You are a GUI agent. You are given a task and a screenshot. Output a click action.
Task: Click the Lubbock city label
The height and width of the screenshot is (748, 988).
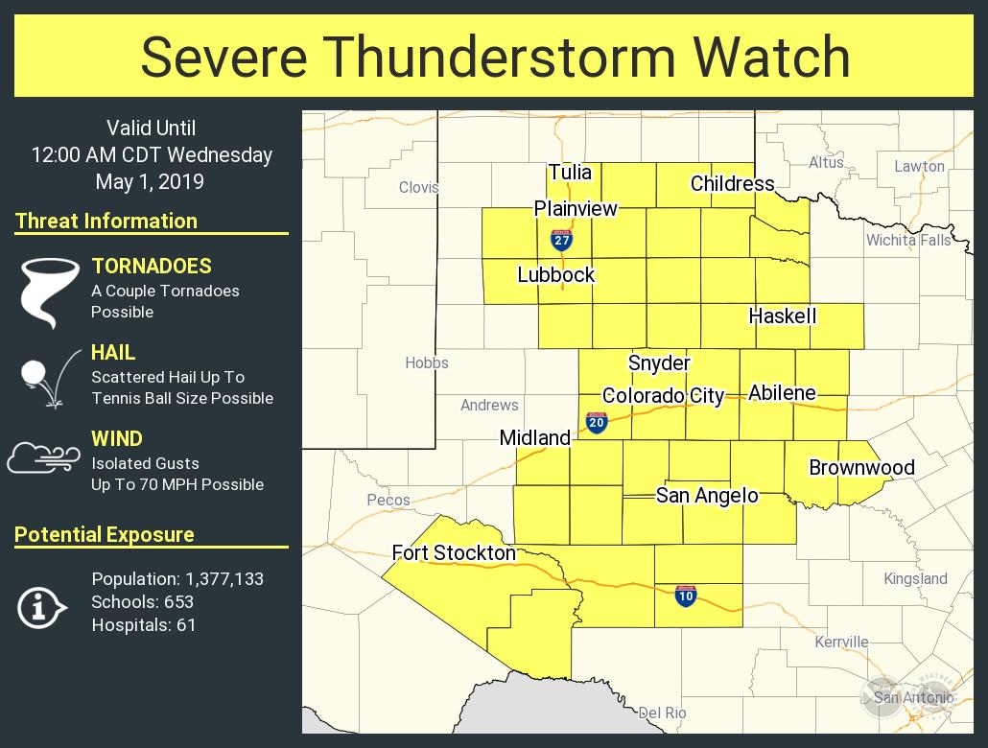556,275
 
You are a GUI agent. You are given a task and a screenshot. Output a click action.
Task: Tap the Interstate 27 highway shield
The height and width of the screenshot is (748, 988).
562,239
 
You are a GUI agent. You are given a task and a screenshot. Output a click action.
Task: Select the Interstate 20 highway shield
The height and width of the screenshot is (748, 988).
597,422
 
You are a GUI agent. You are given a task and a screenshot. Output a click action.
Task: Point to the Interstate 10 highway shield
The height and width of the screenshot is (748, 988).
685,596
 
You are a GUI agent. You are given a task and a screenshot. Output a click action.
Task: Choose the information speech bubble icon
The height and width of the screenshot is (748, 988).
41,606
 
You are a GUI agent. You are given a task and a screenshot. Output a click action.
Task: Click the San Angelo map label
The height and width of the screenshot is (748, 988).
707,496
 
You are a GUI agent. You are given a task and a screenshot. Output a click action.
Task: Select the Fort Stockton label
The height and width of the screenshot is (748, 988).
454,552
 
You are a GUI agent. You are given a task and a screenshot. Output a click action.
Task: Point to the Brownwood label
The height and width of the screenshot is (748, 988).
861,468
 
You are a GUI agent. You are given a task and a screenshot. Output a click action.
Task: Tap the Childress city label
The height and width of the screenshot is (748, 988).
732,183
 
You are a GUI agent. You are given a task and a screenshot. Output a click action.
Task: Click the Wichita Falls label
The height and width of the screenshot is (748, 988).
908,240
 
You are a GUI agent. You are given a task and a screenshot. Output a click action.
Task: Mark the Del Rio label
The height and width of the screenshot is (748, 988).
663,713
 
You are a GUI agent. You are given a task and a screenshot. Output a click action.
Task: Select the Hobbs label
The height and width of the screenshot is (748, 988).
427,362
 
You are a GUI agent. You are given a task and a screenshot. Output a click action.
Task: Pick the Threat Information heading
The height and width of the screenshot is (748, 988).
106,221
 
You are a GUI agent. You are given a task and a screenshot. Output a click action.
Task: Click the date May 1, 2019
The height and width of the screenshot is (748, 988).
150,181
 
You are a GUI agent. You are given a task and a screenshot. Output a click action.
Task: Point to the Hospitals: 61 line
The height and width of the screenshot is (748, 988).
143,625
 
